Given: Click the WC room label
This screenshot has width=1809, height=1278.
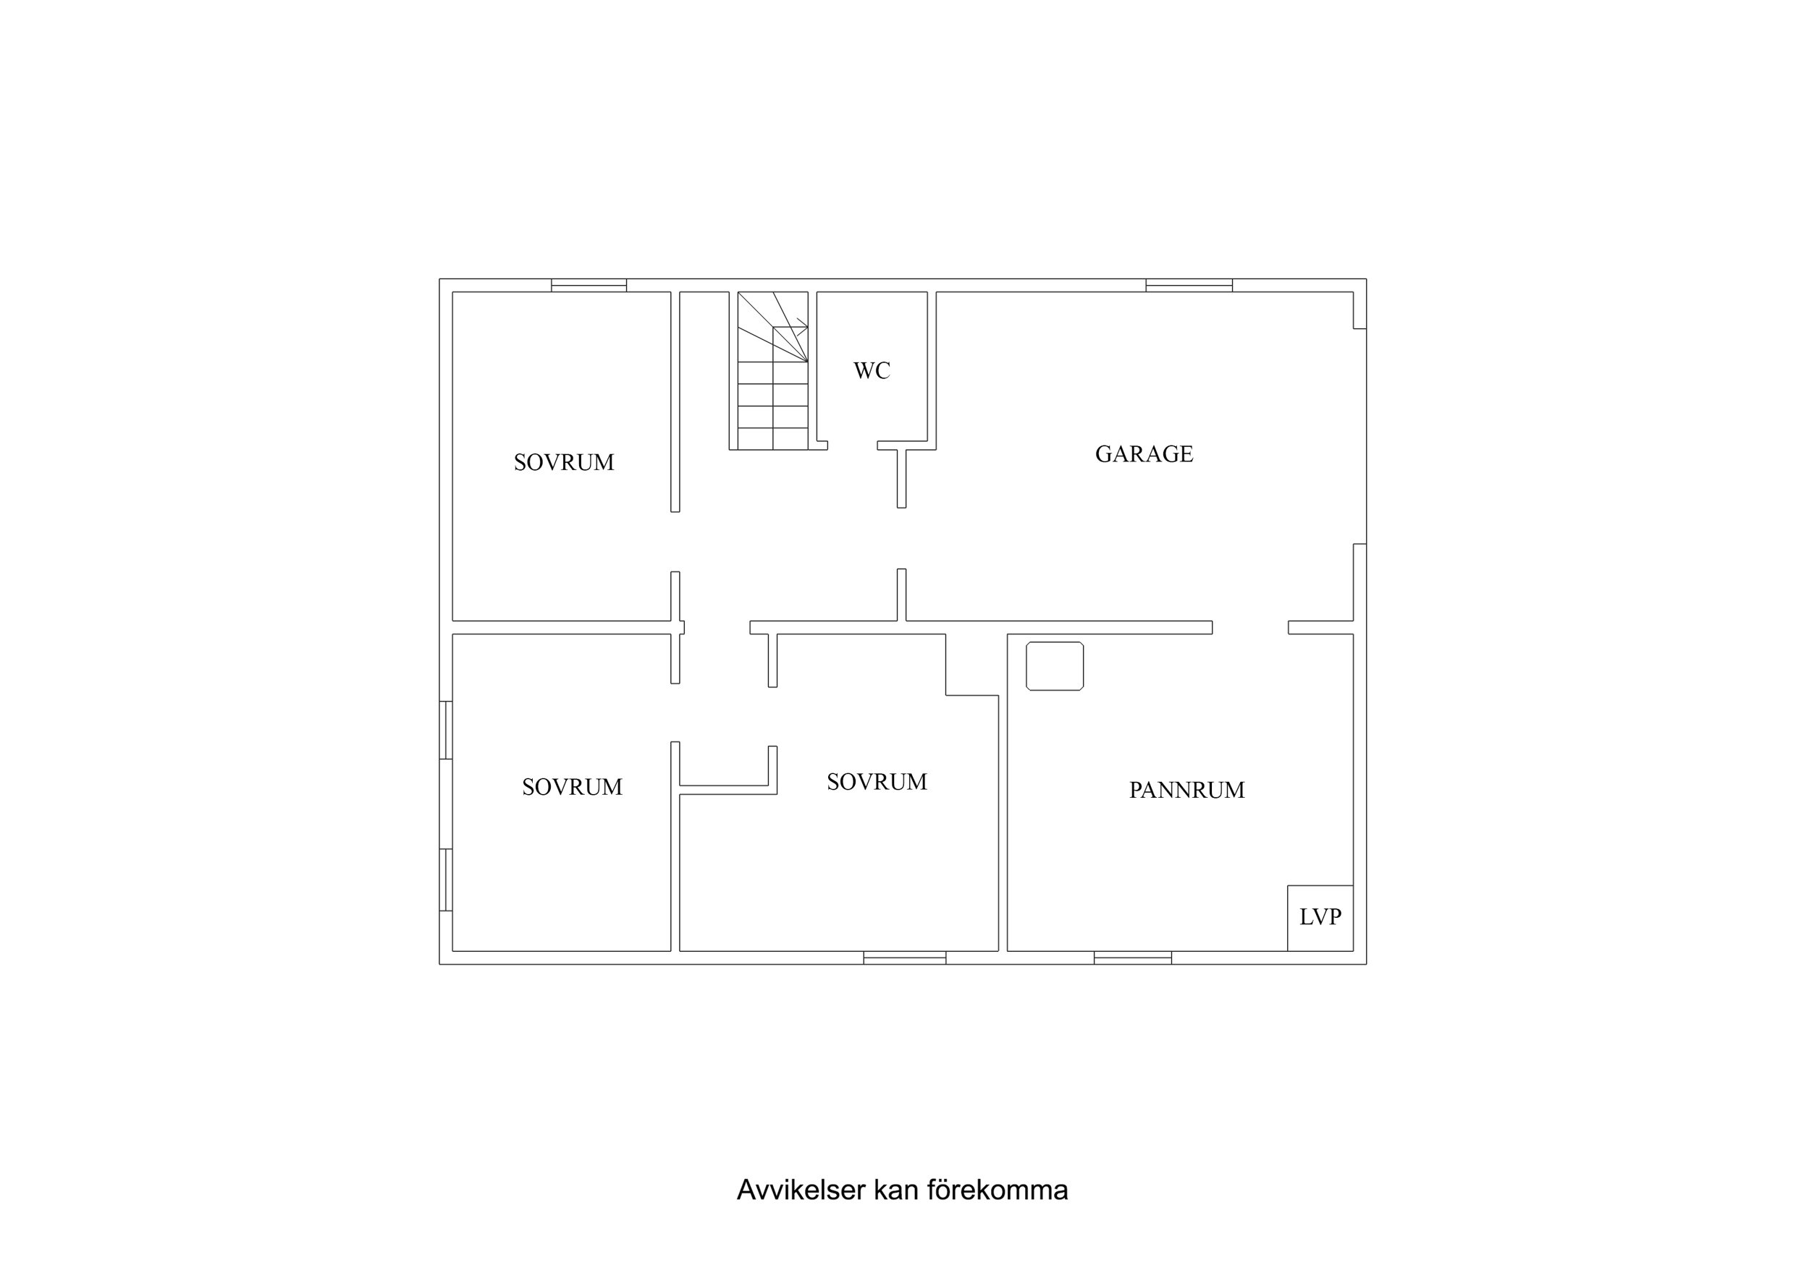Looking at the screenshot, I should click(872, 371).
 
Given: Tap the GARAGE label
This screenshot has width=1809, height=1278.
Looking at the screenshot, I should click(1144, 454).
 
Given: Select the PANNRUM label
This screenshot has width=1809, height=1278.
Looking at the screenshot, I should click(1186, 791).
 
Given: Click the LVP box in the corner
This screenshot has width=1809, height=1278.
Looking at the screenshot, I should click(1320, 917).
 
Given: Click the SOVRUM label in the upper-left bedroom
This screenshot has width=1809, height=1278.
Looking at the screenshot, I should click(563, 463).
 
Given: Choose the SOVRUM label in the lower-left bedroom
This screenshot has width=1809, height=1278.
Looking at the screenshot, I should click(572, 788).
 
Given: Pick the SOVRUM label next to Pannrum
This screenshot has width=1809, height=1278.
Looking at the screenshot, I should click(876, 783).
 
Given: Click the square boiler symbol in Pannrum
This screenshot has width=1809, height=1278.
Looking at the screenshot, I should click(1054, 666).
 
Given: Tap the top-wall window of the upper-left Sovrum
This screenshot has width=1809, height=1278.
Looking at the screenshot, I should click(589, 285).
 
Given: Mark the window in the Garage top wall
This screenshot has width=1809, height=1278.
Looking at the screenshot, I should click(1188, 285).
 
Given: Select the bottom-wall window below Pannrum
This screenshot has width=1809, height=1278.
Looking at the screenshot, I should click(1132, 958).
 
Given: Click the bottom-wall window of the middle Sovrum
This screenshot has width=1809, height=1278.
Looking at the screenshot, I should click(905, 958).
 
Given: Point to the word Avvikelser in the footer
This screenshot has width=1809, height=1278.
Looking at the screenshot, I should click(801, 1190).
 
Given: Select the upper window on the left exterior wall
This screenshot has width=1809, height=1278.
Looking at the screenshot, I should click(446, 730).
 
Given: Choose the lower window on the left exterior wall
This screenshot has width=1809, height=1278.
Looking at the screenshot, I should click(446, 879).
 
